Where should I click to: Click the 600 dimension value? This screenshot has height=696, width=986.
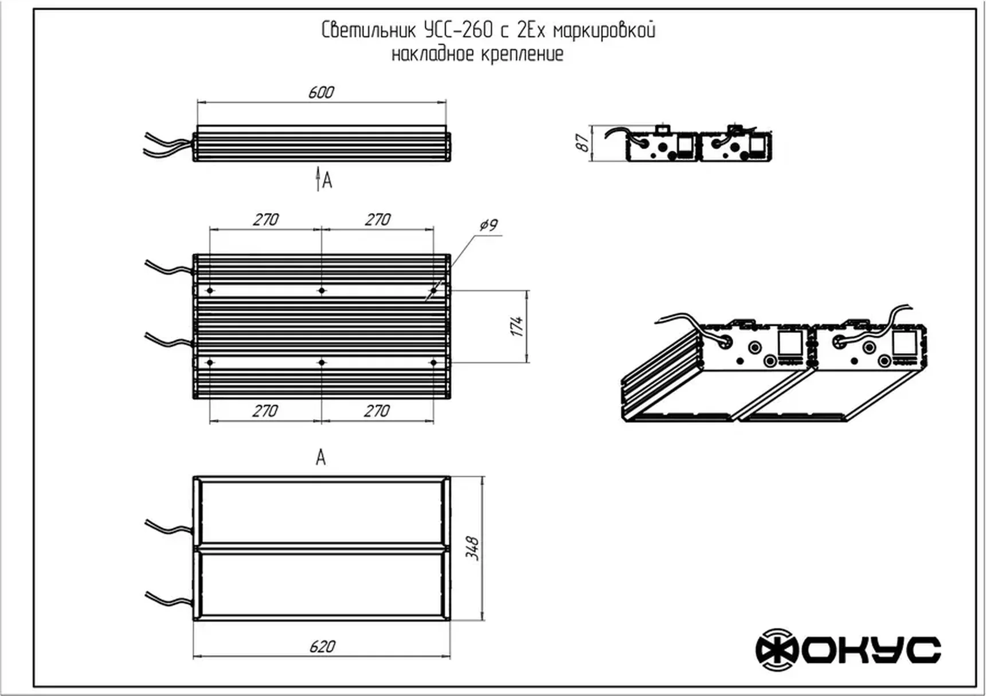point(320,93)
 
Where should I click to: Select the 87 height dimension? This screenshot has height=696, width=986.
point(583,143)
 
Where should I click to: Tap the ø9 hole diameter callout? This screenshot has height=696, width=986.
point(488,225)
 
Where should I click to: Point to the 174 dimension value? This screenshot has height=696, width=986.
point(517,326)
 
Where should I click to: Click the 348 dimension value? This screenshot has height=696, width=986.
point(472,548)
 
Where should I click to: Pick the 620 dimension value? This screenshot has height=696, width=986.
point(322,647)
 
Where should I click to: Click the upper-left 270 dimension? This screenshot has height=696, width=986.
point(265,219)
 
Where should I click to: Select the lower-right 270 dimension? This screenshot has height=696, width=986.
point(377,411)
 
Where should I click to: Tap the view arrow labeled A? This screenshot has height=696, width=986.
point(319,180)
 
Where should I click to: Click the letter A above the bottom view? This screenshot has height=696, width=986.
point(320,458)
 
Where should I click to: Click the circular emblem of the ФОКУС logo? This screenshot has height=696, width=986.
point(777,650)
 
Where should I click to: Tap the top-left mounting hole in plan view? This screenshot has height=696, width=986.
point(210,291)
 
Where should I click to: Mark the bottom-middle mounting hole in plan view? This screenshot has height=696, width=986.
point(322,363)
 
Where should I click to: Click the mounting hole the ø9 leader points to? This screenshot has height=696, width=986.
point(433,291)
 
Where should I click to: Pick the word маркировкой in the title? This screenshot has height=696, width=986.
point(604,30)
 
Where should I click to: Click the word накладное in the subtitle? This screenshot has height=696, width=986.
point(433,55)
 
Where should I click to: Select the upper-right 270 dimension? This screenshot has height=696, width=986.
point(377,219)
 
